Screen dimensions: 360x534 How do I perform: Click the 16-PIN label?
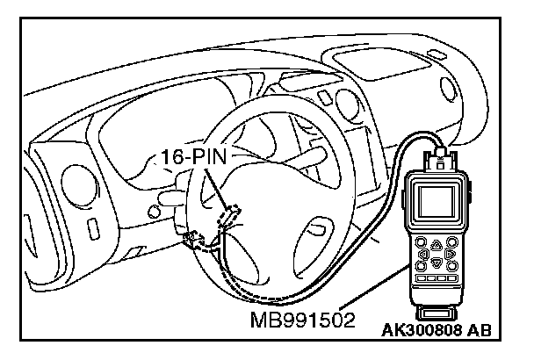(x=193, y=158)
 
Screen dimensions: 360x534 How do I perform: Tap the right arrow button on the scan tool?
(x=450, y=257)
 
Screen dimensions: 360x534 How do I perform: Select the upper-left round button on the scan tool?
(x=422, y=243)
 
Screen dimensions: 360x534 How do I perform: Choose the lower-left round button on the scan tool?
(x=422, y=270)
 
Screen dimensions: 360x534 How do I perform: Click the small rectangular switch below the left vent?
(x=93, y=230)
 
